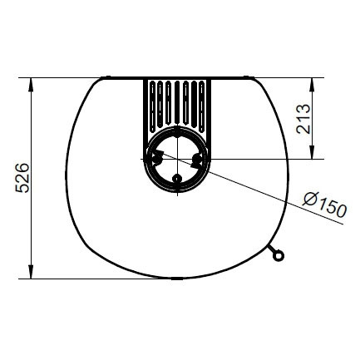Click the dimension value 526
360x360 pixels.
point(22,178)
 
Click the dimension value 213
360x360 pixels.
point(303,119)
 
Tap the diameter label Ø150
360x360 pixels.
point(324,205)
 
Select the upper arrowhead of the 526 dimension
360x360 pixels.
point(32,85)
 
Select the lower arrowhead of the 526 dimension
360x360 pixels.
point(32,272)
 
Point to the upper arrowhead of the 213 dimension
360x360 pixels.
point(312,85)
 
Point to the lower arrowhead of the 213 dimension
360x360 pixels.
point(312,152)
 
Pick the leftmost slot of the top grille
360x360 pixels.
point(152,106)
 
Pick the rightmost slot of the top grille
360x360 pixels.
point(202,106)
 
